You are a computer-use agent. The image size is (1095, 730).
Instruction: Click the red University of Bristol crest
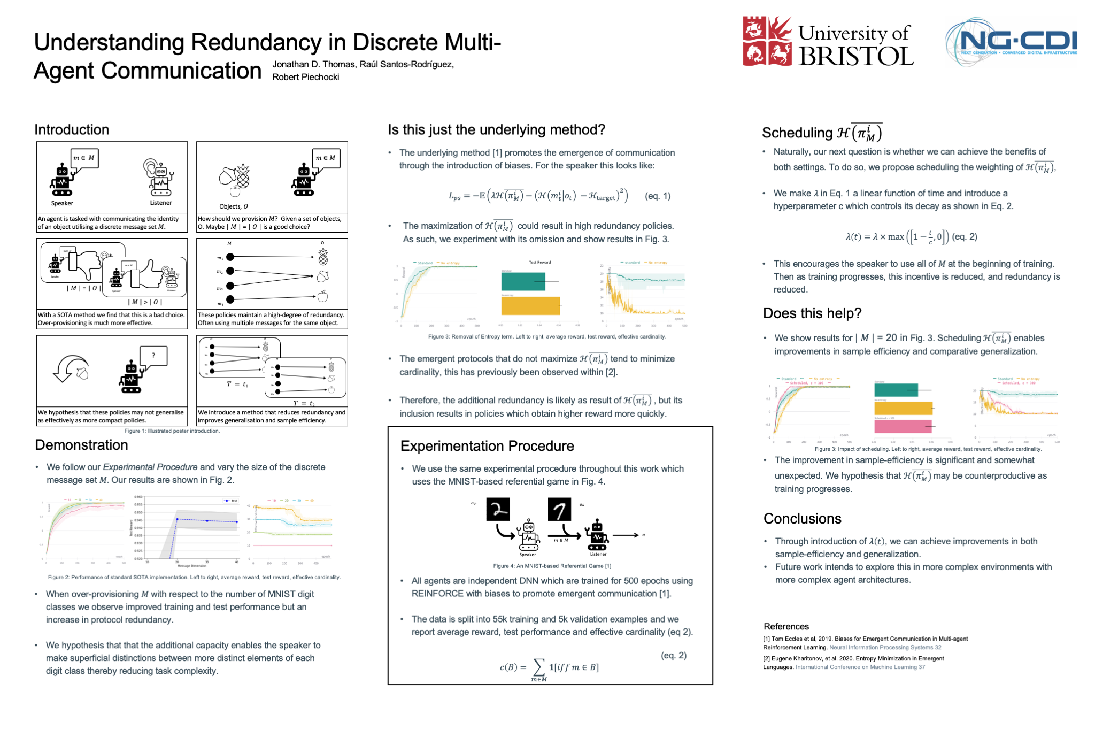coord(767,41)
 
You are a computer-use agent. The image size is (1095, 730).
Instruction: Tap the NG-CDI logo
coord(1012,42)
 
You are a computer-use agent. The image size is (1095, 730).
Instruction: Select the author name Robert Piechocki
coord(305,77)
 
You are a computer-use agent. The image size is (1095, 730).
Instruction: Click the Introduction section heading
coord(72,129)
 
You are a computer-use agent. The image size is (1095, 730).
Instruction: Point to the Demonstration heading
coord(81,445)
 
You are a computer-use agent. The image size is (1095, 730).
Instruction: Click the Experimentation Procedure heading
coord(487,446)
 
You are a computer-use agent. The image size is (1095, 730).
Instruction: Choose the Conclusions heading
coord(802,519)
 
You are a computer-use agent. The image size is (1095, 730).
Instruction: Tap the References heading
coord(786,626)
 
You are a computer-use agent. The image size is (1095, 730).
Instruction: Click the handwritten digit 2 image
coord(497,509)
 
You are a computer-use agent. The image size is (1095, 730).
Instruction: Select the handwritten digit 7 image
coord(559,509)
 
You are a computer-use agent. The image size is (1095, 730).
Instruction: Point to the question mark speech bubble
coord(153,356)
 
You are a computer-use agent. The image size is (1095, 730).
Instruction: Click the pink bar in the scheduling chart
coord(903,426)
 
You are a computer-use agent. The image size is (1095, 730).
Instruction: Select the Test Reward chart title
coord(539,262)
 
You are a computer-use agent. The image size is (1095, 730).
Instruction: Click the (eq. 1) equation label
coord(658,196)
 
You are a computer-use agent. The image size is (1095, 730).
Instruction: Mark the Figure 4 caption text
coord(552,566)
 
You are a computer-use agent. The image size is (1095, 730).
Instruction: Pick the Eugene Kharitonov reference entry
coord(853,663)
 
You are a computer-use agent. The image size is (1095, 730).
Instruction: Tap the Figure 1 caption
coord(172,431)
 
